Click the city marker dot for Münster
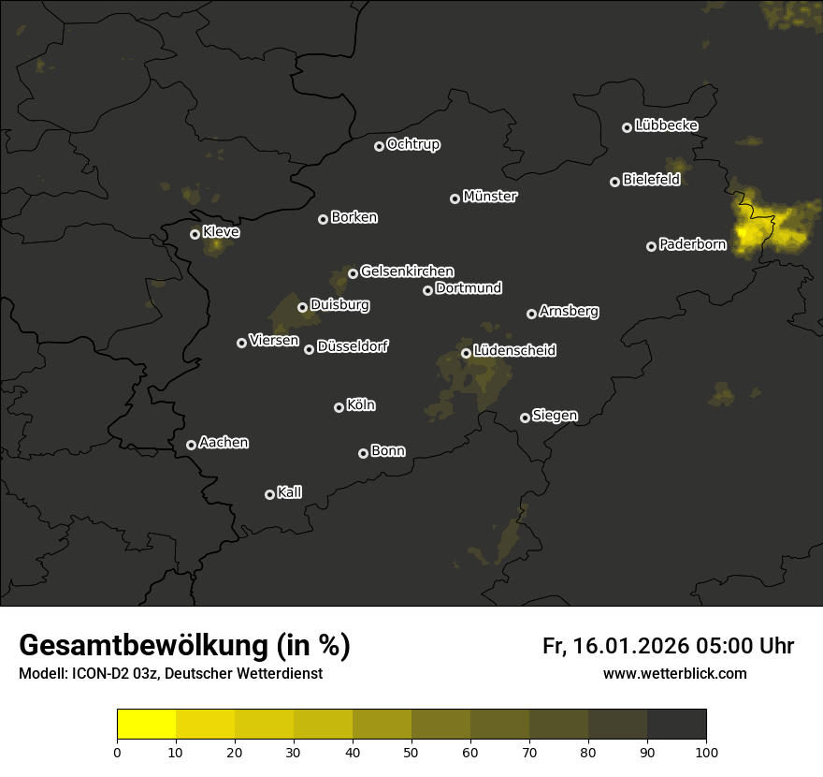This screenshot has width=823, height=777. tap(455, 198)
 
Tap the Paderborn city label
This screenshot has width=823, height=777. tap(693, 245)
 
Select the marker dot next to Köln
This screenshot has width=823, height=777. tap(339, 407)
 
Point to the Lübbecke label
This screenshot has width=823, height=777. tap(666, 125)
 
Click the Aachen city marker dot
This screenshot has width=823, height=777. tap(191, 445)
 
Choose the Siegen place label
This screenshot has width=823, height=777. tap(555, 416)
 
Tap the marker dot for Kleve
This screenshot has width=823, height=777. tap(195, 234)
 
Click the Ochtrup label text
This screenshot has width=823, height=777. tap(412, 145)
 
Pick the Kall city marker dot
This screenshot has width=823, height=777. tap(269, 494)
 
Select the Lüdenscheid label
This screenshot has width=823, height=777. tap(514, 351)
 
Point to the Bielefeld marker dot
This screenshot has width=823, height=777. tap(615, 182)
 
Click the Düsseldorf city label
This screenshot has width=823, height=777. tap(353, 346)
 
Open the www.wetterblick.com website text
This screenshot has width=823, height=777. tap(674, 673)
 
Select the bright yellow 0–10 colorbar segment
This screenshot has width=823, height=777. tap(147, 724)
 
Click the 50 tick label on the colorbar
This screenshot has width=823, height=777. tap(411, 751)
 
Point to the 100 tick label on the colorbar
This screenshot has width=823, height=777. tap(706, 751)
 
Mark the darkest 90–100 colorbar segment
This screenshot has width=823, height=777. tap(676, 724)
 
